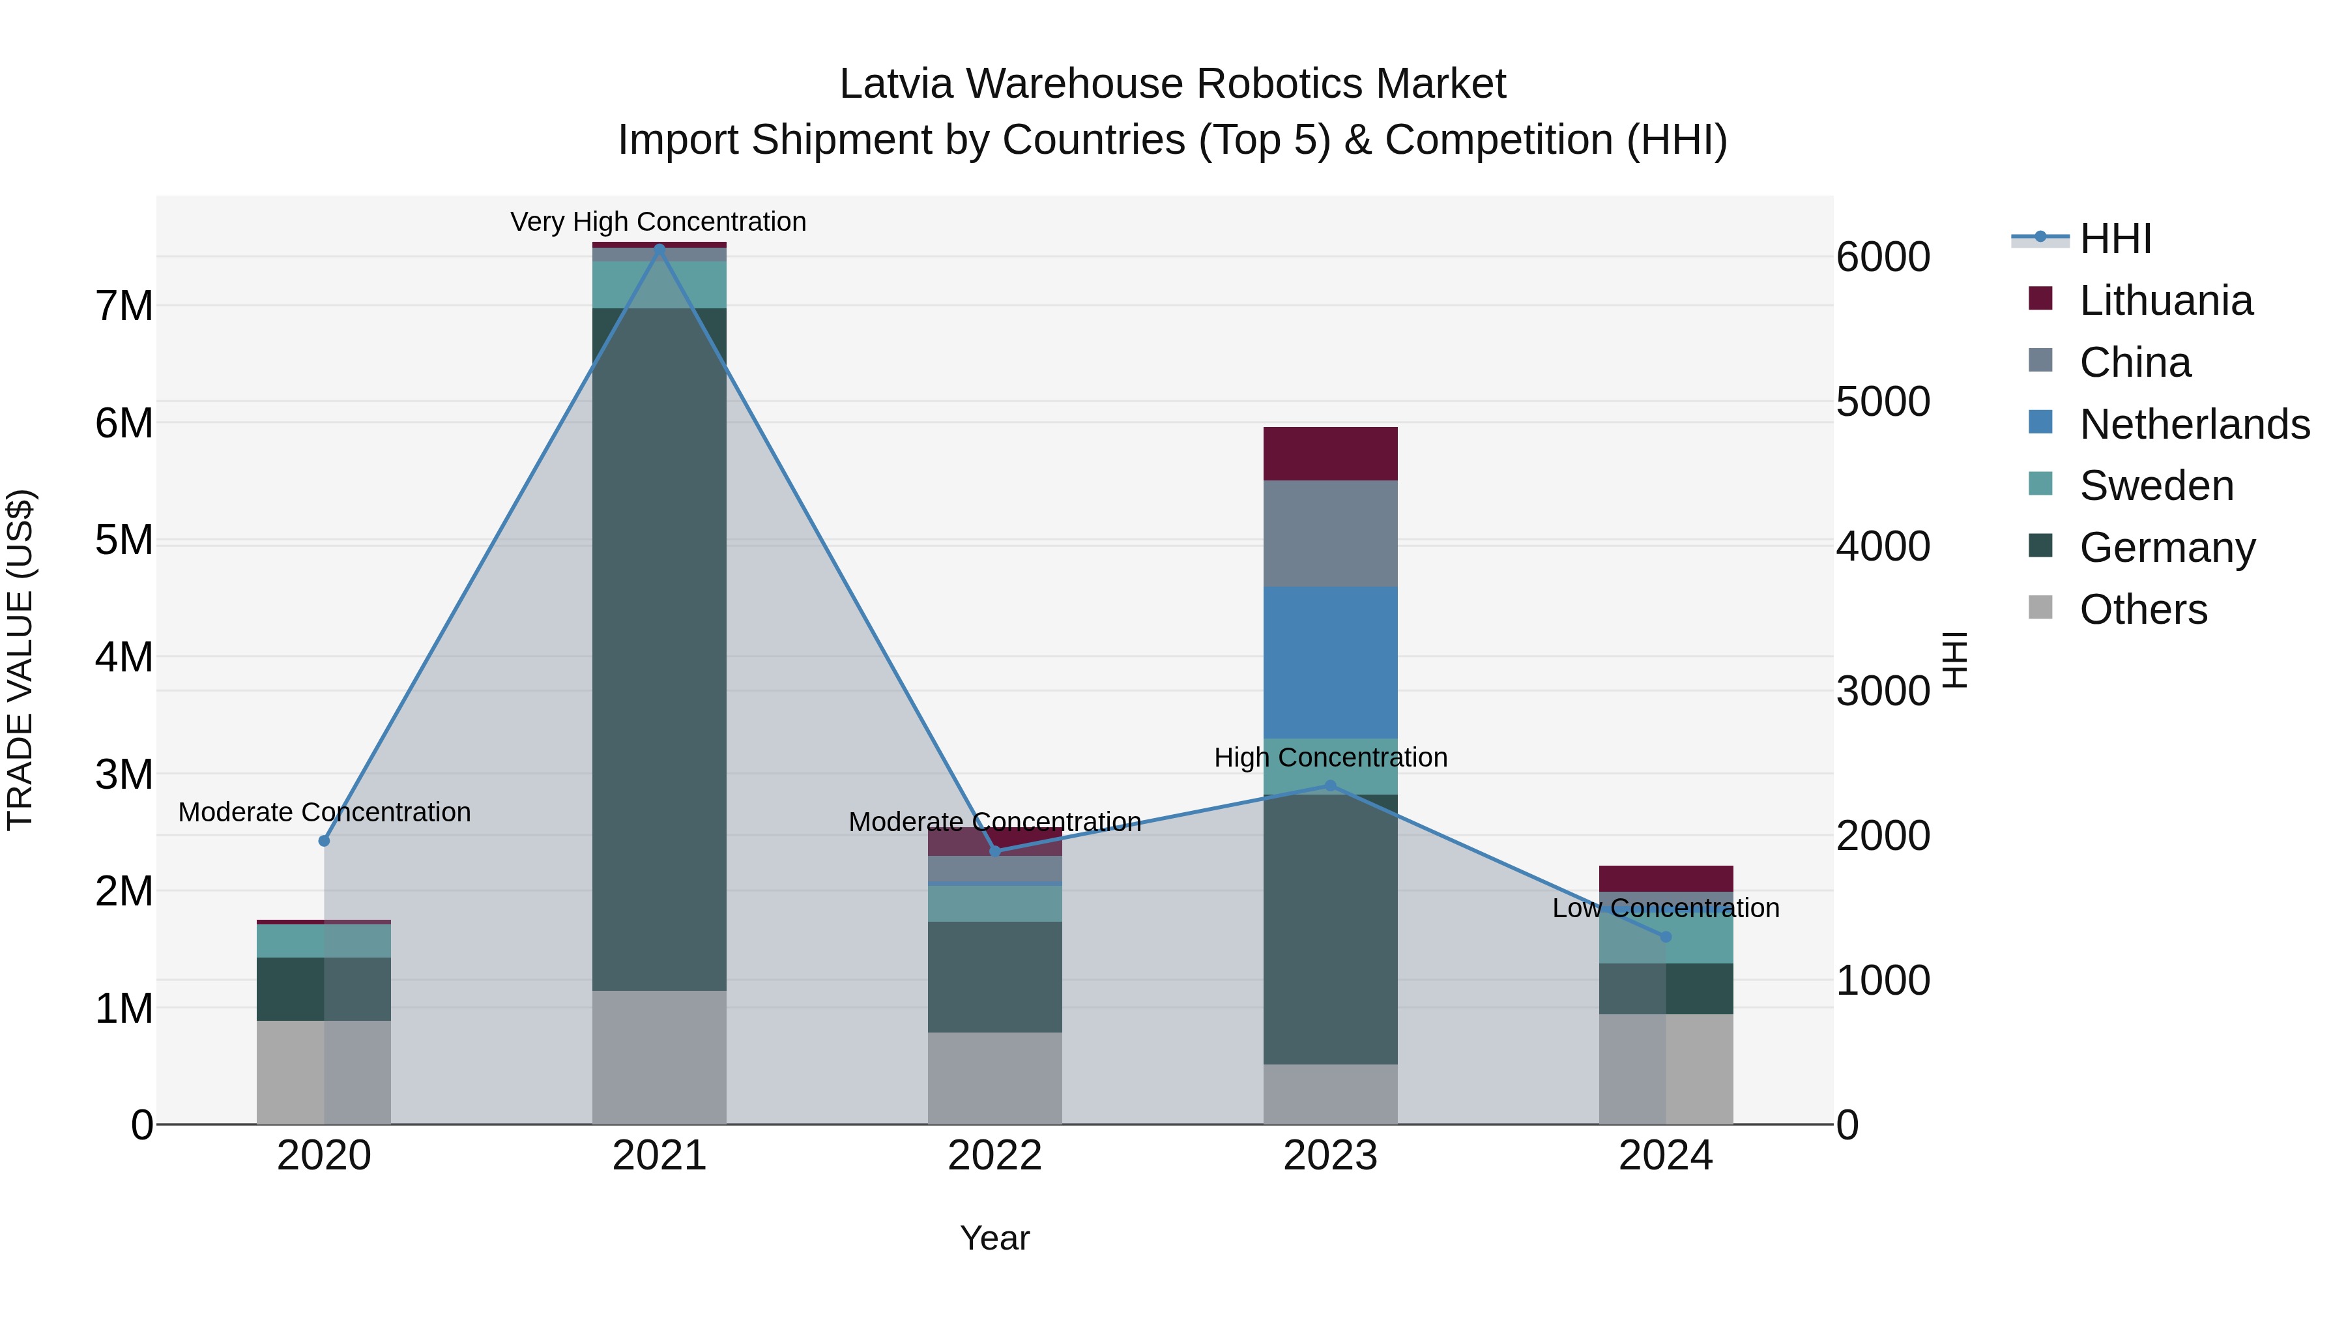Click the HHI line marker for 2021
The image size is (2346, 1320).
click(x=659, y=248)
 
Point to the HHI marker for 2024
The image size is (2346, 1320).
click(x=1666, y=937)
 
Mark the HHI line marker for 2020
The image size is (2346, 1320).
click(x=325, y=841)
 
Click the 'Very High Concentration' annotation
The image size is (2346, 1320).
click(x=658, y=222)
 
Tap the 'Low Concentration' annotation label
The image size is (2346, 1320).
click(x=1665, y=908)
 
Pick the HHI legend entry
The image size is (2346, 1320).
click(x=2114, y=239)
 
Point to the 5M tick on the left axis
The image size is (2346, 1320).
click(x=124, y=540)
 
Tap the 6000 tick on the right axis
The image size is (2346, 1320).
click(x=1881, y=257)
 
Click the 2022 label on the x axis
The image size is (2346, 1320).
click(x=994, y=1156)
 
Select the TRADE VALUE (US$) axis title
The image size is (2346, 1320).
click(x=20, y=660)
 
